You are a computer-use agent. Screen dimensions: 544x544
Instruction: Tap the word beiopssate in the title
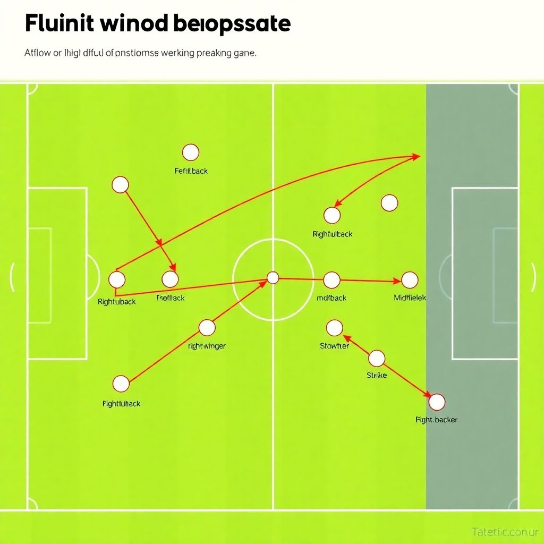click(x=232, y=24)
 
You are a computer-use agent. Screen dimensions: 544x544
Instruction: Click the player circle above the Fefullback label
click(x=190, y=152)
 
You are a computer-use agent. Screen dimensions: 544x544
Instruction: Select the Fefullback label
click(x=191, y=171)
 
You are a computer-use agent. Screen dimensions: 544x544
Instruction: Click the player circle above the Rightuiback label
click(x=117, y=279)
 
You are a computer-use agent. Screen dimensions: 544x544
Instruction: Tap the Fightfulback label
click(x=122, y=404)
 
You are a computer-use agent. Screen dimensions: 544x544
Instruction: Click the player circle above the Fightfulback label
click(x=121, y=384)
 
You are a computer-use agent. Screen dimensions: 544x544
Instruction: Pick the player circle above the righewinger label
click(x=207, y=327)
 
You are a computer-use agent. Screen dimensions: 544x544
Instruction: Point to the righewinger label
click(x=207, y=346)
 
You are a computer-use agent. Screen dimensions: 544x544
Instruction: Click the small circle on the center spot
click(x=273, y=277)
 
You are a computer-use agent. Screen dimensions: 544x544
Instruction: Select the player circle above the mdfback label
click(x=331, y=279)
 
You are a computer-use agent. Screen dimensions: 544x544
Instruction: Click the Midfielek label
click(x=410, y=298)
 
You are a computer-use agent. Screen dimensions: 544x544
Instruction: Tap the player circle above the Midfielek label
click(x=410, y=279)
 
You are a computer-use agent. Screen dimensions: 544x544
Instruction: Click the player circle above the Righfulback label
click(x=332, y=215)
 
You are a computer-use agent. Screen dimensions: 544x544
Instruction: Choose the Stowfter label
click(x=335, y=346)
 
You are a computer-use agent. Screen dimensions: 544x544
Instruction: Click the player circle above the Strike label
click(x=377, y=358)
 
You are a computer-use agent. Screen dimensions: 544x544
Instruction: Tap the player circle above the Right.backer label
click(x=437, y=402)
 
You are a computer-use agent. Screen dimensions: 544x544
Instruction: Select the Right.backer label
click(x=436, y=420)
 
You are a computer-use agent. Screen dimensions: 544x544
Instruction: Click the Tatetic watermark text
click(x=505, y=531)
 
